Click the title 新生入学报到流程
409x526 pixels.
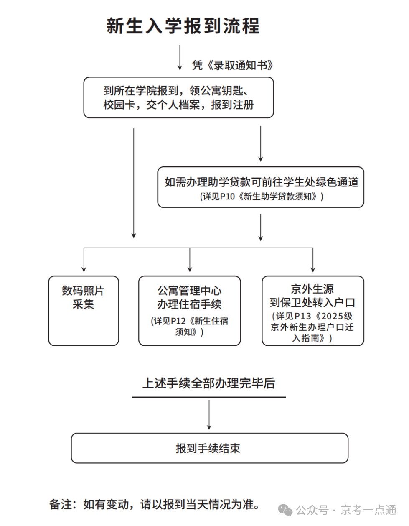pos(183,26)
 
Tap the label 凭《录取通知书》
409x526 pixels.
pos(232,65)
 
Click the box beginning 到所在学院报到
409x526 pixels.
pos(178,97)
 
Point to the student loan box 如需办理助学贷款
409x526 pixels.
pos(261,187)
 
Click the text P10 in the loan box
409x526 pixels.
pos(227,197)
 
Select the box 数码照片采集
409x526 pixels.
pos(84,310)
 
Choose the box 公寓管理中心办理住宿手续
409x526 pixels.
pos(190,310)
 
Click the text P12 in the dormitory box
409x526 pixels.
pos(178,321)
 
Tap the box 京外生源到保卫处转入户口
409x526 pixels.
pos(312,310)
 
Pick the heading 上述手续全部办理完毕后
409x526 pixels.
pos(208,383)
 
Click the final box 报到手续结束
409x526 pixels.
pos(209,448)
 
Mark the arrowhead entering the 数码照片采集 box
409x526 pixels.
pos(84,269)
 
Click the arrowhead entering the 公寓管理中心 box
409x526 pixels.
pos(190,269)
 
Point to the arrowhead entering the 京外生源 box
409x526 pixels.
pos(313,269)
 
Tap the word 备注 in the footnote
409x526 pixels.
pos(61,504)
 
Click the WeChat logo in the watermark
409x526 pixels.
pos(286,510)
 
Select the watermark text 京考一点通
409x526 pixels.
pos(368,510)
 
